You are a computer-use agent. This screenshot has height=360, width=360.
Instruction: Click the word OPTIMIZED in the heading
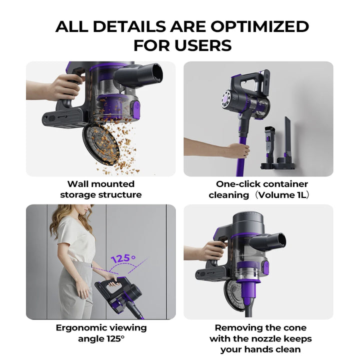point(259,26)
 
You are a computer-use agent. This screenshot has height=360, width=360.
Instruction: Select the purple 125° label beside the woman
point(123,259)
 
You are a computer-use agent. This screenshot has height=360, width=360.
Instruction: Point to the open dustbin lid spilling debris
point(101,144)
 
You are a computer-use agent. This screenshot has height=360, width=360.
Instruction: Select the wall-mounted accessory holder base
point(278,163)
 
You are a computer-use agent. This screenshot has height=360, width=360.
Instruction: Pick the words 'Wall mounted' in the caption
point(101,184)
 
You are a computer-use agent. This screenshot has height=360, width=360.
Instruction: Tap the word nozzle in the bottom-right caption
point(267,338)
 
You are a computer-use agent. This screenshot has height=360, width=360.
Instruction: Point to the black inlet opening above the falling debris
point(158,73)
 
